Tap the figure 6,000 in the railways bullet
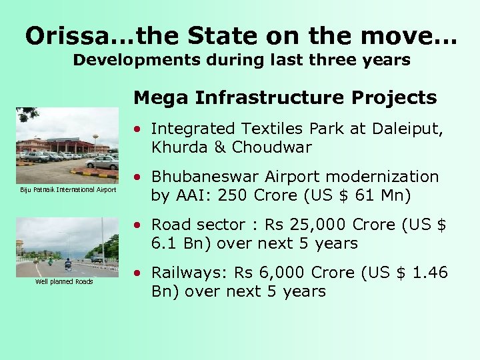(279, 273)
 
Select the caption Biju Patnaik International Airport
(68, 191)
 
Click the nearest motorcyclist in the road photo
(68, 265)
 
